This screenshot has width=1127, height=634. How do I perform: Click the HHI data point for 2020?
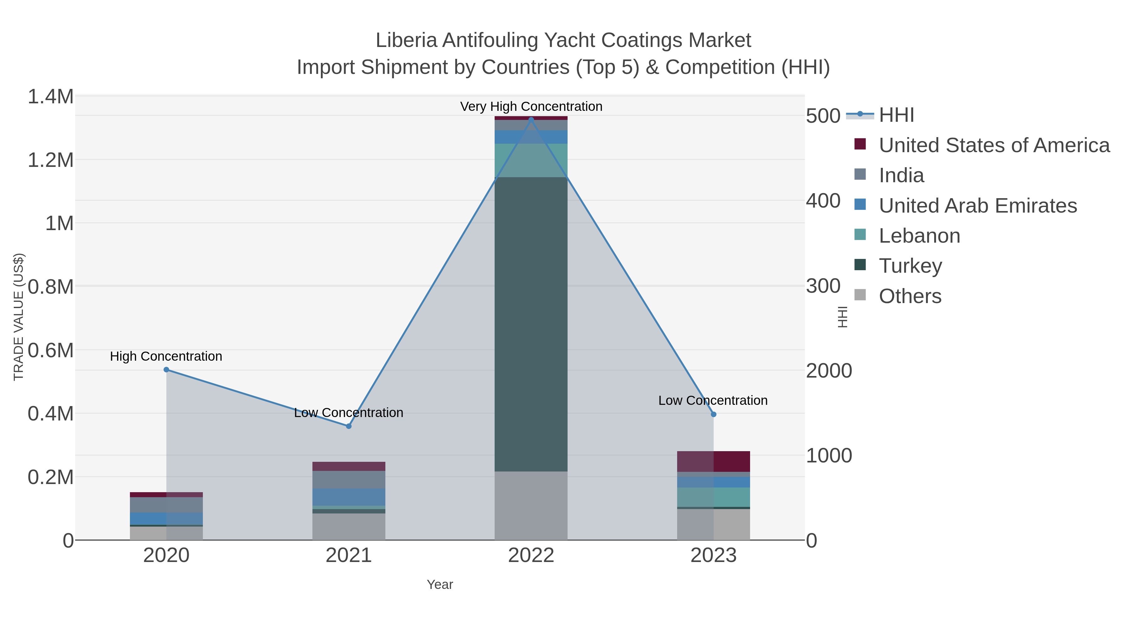(166, 370)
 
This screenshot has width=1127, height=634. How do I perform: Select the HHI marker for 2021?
(349, 426)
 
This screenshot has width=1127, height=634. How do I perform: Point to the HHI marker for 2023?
(713, 414)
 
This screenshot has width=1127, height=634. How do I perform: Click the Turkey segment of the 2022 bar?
(531, 324)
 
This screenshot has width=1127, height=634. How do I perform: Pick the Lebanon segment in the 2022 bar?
(531, 160)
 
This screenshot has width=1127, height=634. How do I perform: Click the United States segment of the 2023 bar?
(713, 461)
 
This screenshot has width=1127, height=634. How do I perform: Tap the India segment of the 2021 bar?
(349, 480)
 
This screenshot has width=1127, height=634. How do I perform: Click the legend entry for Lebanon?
(919, 236)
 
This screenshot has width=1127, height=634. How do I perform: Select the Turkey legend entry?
(910, 266)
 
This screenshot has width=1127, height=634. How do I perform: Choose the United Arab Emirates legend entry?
(977, 206)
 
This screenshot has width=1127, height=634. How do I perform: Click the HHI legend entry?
(896, 115)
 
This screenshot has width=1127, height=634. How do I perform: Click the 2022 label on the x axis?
(531, 556)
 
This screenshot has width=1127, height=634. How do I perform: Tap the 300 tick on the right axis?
(823, 286)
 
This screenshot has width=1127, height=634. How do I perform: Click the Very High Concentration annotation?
(531, 106)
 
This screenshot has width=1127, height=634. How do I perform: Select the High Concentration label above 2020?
(166, 356)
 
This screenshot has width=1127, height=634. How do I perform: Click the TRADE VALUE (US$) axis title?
(19, 317)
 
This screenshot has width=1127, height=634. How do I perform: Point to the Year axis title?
(440, 585)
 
